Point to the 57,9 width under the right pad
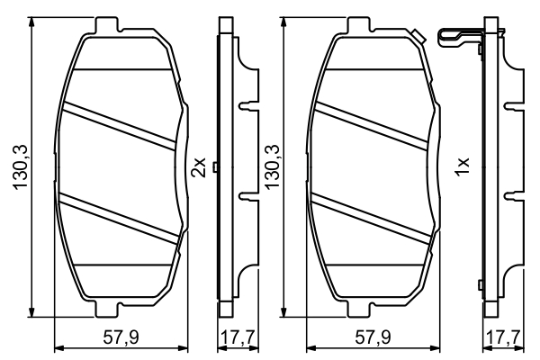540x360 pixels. click(x=373, y=338)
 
